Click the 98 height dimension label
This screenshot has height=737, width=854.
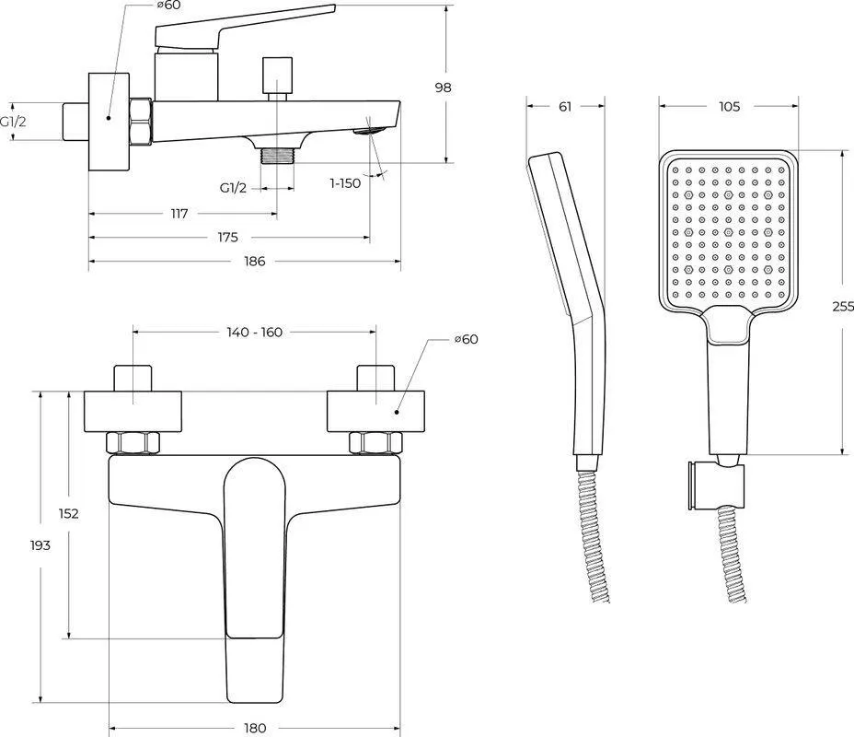pos(443,88)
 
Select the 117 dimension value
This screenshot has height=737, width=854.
pos(179,214)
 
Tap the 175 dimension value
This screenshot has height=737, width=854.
pos(227,237)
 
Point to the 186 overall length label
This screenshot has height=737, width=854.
pos(254,261)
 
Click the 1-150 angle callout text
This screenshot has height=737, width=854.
pos(345,183)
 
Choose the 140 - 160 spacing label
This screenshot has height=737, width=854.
pos(254,332)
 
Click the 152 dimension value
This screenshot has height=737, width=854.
pos(69,513)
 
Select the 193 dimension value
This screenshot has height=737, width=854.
pos(40,544)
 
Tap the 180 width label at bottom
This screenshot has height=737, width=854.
pos(254,728)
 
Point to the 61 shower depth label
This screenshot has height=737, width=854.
pos(565,106)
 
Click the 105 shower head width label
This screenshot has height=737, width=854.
pos(729,106)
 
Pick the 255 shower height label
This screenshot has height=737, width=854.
pos(843,307)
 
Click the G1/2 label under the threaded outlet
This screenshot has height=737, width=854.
pos(233,188)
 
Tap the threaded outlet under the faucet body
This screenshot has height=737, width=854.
pos(277,156)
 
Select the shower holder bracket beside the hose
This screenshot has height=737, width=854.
pos(715,485)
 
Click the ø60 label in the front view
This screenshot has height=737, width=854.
pos(467,339)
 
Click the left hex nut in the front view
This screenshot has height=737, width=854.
pos(133,442)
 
